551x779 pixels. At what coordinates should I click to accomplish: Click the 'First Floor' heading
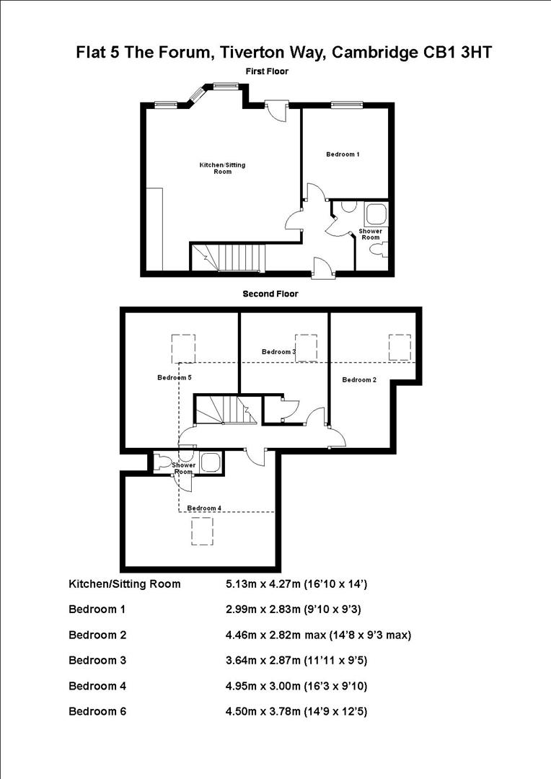(266, 72)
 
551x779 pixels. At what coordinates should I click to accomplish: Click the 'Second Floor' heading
(270, 294)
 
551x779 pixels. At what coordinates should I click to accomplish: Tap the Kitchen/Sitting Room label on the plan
(222, 168)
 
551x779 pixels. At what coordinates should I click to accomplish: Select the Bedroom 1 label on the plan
(343, 154)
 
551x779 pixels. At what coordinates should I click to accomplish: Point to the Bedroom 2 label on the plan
(359, 380)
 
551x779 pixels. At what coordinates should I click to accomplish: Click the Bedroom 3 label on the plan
(278, 351)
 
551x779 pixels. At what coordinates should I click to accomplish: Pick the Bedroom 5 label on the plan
(175, 377)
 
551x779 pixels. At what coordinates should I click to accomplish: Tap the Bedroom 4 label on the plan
(204, 508)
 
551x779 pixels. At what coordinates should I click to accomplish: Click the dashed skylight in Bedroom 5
(184, 348)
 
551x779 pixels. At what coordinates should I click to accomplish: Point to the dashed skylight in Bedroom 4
(203, 532)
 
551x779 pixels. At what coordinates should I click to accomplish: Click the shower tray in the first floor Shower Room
(376, 214)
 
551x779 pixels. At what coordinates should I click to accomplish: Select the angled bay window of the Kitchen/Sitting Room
(199, 94)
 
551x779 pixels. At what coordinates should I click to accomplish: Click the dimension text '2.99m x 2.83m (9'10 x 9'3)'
(294, 609)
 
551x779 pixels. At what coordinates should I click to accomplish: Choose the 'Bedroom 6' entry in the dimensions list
(97, 712)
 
